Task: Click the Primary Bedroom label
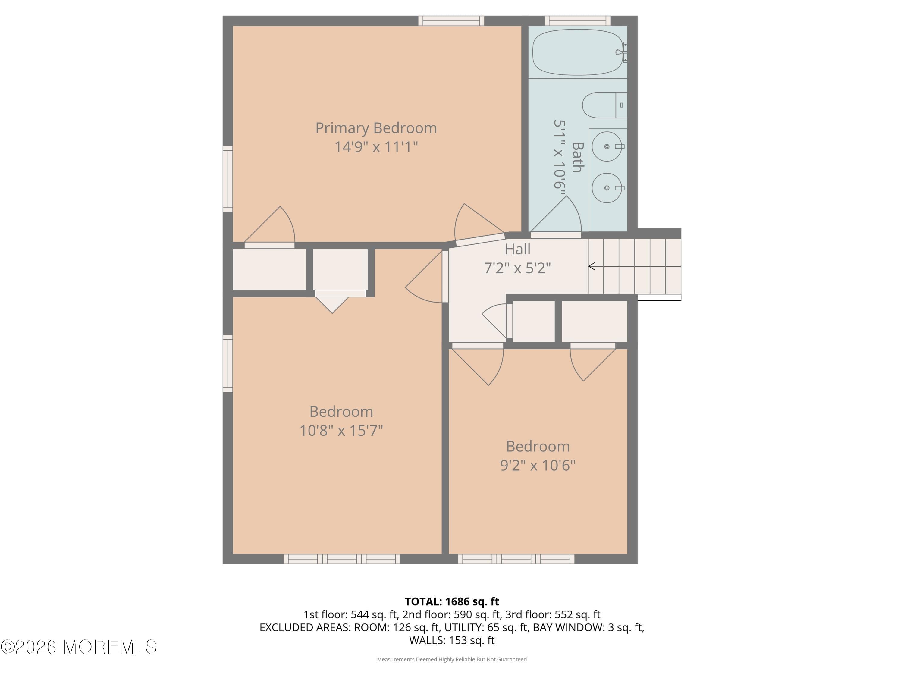coord(376,128)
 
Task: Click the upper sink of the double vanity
coord(607,146)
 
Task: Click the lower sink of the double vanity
coord(607,188)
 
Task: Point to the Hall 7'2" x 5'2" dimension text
coord(517,268)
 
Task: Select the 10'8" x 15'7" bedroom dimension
coord(341,430)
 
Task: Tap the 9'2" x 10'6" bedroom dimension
coord(538,465)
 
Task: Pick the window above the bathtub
coord(577,20)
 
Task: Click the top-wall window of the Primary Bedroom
coord(451,20)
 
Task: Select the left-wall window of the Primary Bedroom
coord(228,179)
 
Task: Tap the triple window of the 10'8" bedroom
coord(342,559)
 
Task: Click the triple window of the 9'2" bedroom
coord(516,559)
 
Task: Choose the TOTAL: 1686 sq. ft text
coord(452,601)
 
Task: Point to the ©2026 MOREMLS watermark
coord(78,647)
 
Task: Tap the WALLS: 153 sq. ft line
coord(452,640)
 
